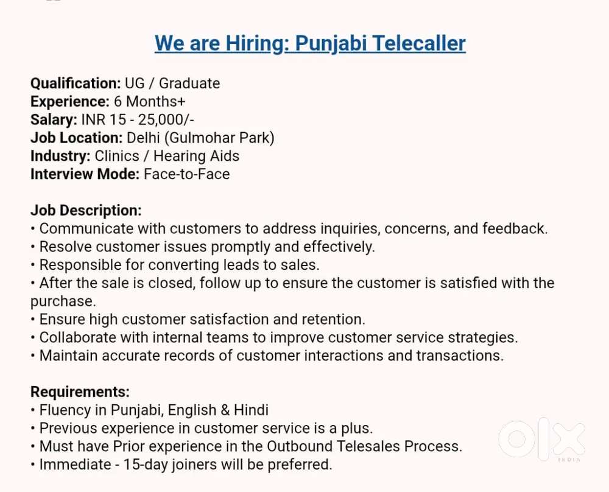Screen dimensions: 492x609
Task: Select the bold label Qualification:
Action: pyautogui.click(x=76, y=83)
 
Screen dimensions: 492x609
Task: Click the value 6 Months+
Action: pyautogui.click(x=150, y=101)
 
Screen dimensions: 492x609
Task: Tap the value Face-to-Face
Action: pyautogui.click(x=186, y=174)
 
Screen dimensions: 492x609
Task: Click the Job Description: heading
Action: pyautogui.click(x=86, y=211)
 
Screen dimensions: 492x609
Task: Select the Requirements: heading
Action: pyautogui.click(x=80, y=392)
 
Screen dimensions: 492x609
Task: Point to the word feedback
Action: pyautogui.click(x=515, y=229)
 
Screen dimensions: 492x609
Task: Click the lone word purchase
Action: pyautogui.click(x=63, y=301)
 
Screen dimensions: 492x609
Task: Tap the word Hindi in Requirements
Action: pyautogui.click(x=252, y=410)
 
